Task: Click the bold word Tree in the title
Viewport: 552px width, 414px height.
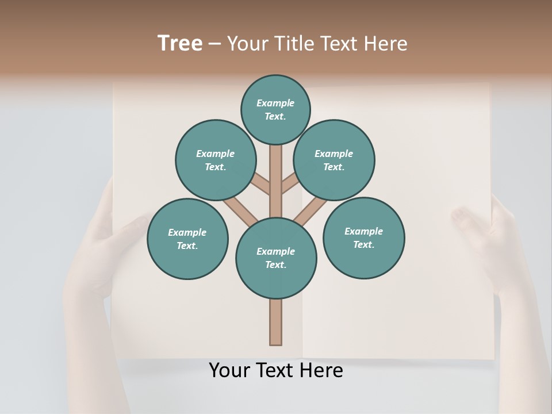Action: click(x=180, y=43)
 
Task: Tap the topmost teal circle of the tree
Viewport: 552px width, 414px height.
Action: click(x=275, y=109)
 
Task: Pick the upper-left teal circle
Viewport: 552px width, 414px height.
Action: click(x=215, y=160)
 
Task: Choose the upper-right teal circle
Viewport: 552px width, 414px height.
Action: click(x=333, y=160)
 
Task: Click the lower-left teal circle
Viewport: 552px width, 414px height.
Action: click(x=187, y=239)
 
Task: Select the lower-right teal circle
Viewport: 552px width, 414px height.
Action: click(x=363, y=237)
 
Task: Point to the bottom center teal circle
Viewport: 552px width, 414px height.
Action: click(x=276, y=258)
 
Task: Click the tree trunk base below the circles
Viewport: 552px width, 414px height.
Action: click(x=276, y=322)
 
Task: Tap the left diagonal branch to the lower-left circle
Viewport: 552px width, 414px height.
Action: click(x=240, y=210)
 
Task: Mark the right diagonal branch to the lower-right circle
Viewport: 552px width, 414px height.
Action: click(x=311, y=210)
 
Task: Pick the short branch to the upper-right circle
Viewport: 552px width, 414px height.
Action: click(x=290, y=183)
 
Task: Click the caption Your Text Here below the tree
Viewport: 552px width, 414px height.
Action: click(x=276, y=370)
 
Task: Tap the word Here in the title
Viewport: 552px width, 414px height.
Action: click(x=386, y=43)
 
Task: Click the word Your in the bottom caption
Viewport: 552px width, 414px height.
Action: click(x=229, y=370)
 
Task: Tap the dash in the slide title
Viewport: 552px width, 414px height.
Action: click(x=214, y=44)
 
